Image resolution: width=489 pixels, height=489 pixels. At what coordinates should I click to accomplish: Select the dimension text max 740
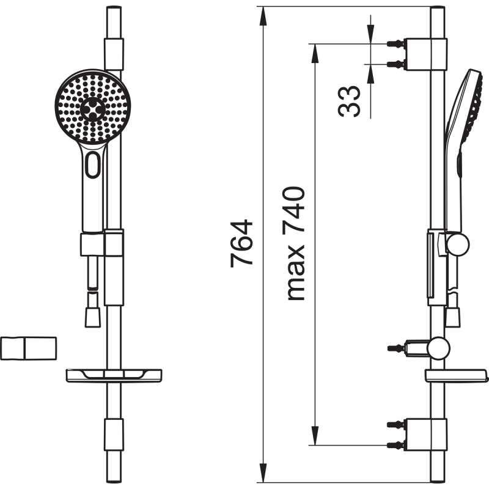(293, 243)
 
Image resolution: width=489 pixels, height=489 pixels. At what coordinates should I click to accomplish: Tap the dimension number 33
(349, 101)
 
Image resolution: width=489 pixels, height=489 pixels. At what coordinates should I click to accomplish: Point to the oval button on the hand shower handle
(93, 164)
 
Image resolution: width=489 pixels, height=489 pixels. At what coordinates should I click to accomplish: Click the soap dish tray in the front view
(114, 375)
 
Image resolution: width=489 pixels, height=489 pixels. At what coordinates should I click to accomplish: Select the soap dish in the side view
(456, 375)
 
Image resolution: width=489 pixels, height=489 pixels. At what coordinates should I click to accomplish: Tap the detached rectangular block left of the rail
(28, 348)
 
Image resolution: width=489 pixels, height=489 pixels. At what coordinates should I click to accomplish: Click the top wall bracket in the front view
(114, 54)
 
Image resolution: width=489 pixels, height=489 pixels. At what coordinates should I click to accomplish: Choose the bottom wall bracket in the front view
(114, 435)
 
